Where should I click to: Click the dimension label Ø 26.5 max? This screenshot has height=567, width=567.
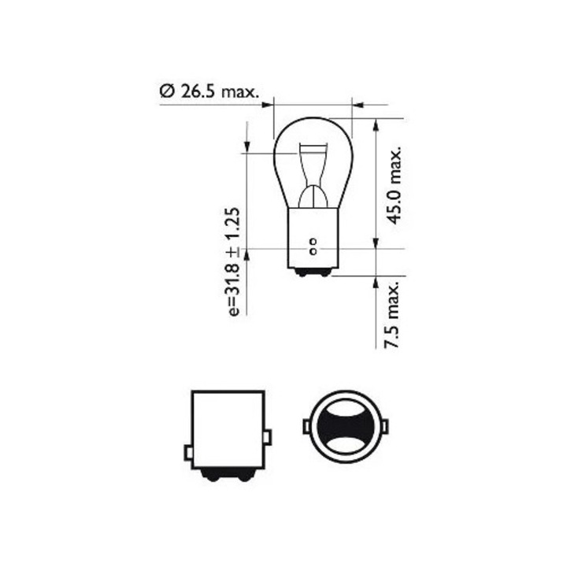[209, 91]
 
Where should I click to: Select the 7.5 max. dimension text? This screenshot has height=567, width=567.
[391, 314]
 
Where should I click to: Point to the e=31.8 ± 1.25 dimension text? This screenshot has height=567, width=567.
[234, 262]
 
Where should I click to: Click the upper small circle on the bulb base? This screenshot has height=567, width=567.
[313, 241]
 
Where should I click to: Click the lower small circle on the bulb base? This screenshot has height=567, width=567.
[313, 251]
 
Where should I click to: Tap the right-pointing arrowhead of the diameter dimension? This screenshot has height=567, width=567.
[267, 105]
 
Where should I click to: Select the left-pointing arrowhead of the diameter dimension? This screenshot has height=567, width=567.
[358, 105]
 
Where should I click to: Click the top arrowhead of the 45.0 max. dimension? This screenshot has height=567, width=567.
[376, 125]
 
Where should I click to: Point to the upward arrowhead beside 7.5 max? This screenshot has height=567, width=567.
[376, 282]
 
